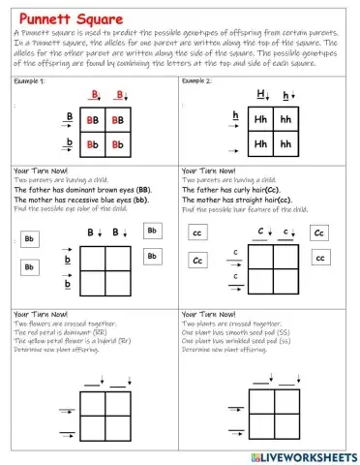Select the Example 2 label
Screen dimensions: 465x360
(200, 83)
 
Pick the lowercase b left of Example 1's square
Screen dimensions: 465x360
(69, 143)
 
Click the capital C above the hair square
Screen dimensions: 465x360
(261, 232)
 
